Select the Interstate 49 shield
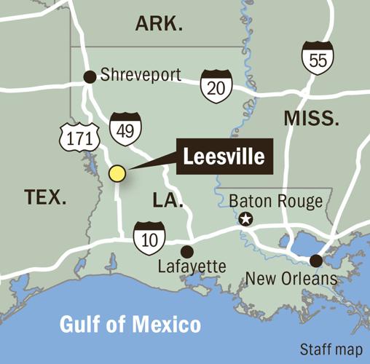click(x=123, y=128)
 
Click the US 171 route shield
click(x=74, y=136)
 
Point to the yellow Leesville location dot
click(x=117, y=173)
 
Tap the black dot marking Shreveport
click(x=90, y=76)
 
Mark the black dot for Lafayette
click(x=187, y=251)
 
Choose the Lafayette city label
click(x=192, y=268)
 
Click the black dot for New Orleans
click(x=316, y=260)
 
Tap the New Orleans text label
click(x=291, y=278)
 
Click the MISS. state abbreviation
click(x=312, y=119)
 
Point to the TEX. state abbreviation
click(x=46, y=197)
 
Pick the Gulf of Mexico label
click(x=131, y=323)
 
